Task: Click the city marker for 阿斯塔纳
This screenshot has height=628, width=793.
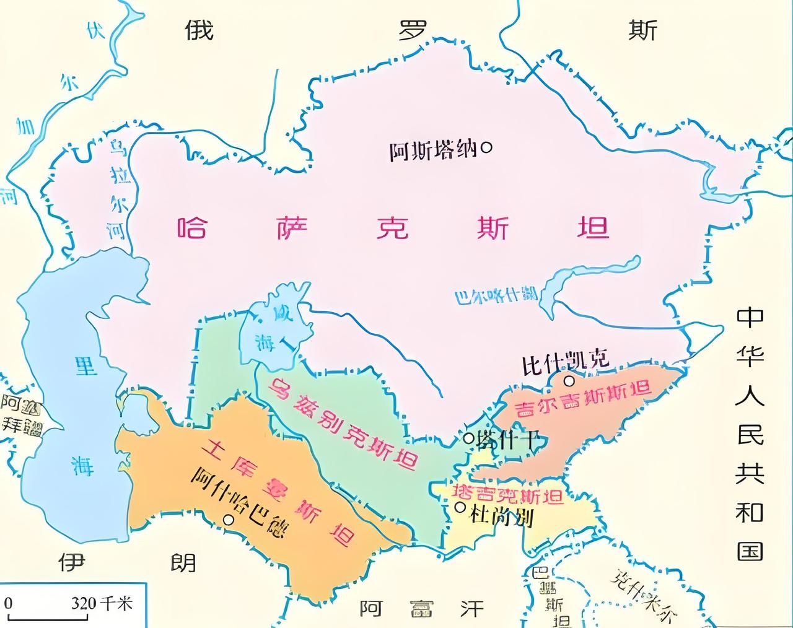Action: pos(487,148)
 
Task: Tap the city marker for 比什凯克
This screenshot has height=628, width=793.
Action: pos(568,381)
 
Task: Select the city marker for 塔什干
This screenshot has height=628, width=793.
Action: pos(469,438)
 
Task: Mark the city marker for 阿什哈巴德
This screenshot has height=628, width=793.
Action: pos(229,520)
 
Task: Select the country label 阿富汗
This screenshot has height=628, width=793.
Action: pos(421,608)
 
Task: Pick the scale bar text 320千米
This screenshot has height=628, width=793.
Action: pos(102,603)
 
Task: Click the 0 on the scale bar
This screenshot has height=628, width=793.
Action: pos(9,603)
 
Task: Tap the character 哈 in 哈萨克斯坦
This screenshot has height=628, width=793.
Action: pos(193,227)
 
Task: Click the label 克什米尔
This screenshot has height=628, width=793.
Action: pos(642,595)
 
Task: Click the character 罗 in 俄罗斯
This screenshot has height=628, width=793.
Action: pos(414,30)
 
